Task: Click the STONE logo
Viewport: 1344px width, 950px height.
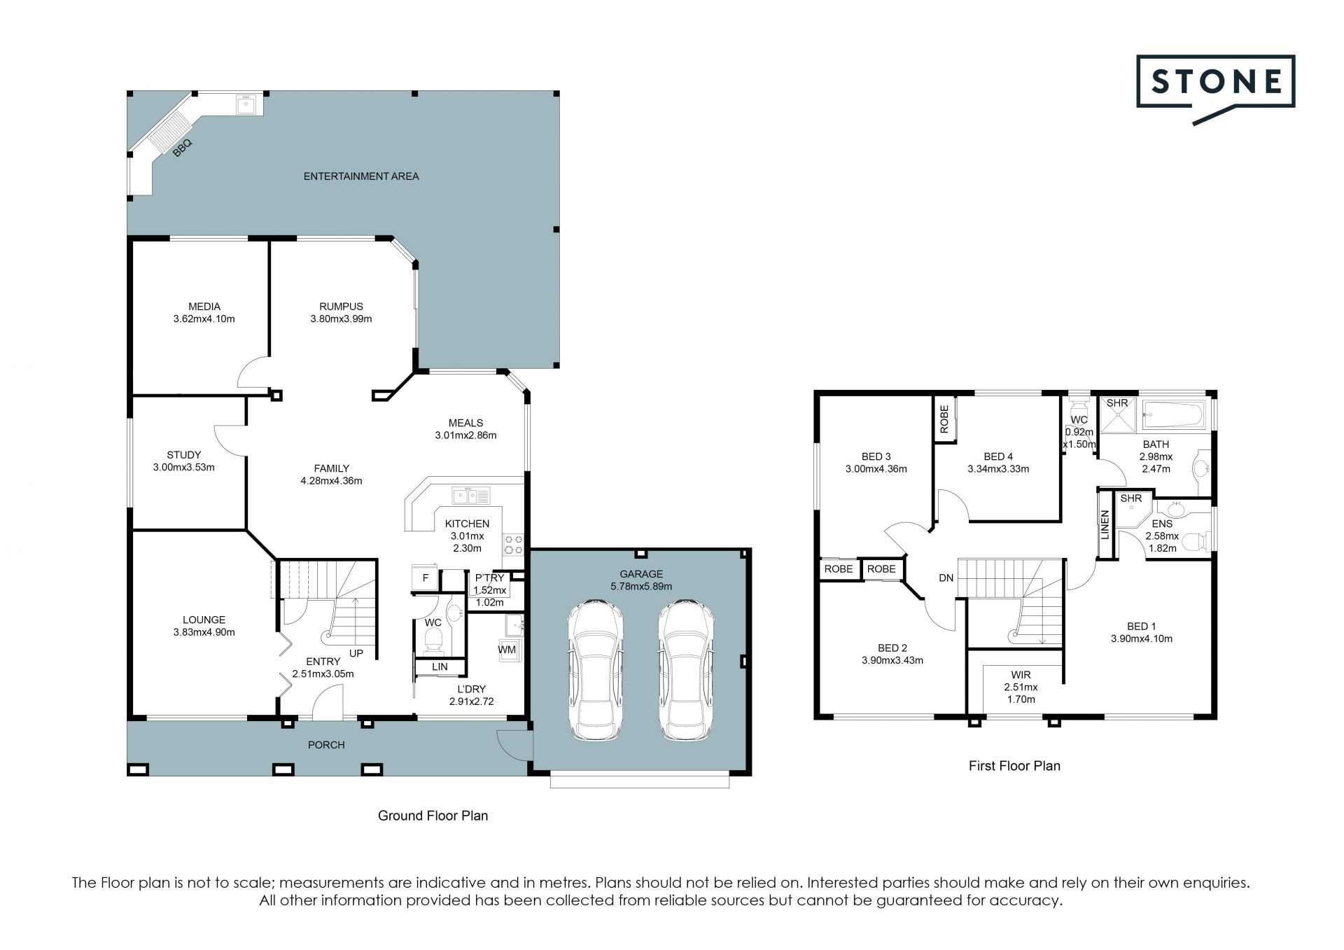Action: coord(1215,90)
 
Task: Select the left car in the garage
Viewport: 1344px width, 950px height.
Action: coord(594,669)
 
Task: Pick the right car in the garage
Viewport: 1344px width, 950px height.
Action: coord(686,669)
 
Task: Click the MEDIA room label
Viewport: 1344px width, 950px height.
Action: coord(204,306)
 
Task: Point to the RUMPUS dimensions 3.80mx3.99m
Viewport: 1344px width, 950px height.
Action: coord(341,319)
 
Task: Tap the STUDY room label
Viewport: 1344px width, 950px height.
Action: coord(184,455)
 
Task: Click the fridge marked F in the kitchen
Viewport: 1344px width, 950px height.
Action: coord(425,578)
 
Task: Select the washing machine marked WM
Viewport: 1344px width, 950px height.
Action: coord(507,649)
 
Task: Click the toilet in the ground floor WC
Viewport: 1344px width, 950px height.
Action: coord(433,639)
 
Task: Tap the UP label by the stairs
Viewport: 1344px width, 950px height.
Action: coord(356,653)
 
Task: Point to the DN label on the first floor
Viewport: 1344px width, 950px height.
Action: coord(946,578)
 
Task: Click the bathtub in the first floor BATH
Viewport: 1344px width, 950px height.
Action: coord(1173,415)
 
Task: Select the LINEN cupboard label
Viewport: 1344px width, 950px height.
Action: coord(1105,524)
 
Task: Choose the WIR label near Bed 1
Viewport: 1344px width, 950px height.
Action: coord(1021,675)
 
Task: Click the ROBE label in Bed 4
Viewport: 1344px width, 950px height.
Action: coord(944,419)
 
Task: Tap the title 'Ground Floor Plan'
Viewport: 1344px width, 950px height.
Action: coord(433,816)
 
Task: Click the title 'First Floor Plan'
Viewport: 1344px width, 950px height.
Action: coord(1014,766)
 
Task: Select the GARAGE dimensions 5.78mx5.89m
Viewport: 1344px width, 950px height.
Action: coord(640,587)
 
